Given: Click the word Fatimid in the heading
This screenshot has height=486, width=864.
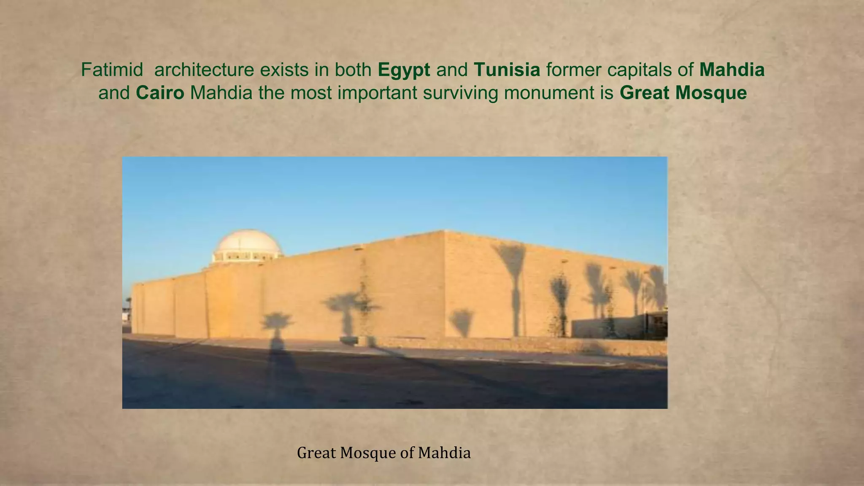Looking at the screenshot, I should click(112, 70).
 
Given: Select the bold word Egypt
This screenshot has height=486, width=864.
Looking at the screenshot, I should click(404, 70).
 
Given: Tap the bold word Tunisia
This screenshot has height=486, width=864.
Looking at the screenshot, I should click(507, 70).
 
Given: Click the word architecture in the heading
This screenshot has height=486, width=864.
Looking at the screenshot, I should click(204, 70).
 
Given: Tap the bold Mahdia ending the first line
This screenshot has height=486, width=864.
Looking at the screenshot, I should click(732, 70).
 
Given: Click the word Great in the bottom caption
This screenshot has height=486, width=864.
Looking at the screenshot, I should click(316, 453).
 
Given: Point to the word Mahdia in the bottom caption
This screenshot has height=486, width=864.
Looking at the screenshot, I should click(444, 453).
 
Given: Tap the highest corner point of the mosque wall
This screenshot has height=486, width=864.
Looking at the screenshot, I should click(444, 231).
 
